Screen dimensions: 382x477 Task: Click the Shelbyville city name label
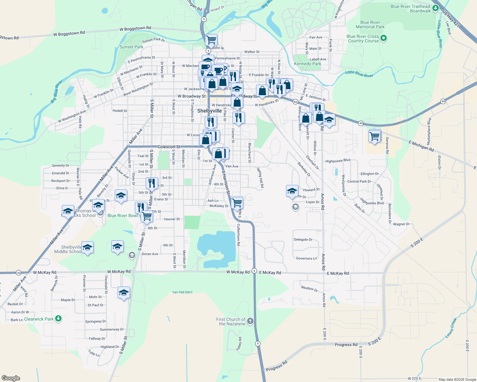209,111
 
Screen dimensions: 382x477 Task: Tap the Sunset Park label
131,47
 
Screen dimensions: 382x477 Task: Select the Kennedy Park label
307,64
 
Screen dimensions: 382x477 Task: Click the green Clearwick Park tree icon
58,319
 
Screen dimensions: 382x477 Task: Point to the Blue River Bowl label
123,216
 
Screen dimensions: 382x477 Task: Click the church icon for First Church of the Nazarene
250,321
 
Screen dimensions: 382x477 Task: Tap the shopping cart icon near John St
211,40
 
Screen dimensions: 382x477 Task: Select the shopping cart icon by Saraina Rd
374,136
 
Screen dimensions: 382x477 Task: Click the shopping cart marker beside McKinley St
237,202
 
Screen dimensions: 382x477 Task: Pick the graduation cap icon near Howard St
292,191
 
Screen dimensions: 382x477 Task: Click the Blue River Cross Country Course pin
384,39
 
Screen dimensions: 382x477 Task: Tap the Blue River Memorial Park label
370,25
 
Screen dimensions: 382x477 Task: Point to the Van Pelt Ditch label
182,292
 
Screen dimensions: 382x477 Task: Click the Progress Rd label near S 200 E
346,345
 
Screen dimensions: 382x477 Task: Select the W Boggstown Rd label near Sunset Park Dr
135,29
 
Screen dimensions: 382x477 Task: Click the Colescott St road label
169,147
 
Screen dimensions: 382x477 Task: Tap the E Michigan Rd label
421,146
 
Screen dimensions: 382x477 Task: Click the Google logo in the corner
11,378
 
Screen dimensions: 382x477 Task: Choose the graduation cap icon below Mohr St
123,293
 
